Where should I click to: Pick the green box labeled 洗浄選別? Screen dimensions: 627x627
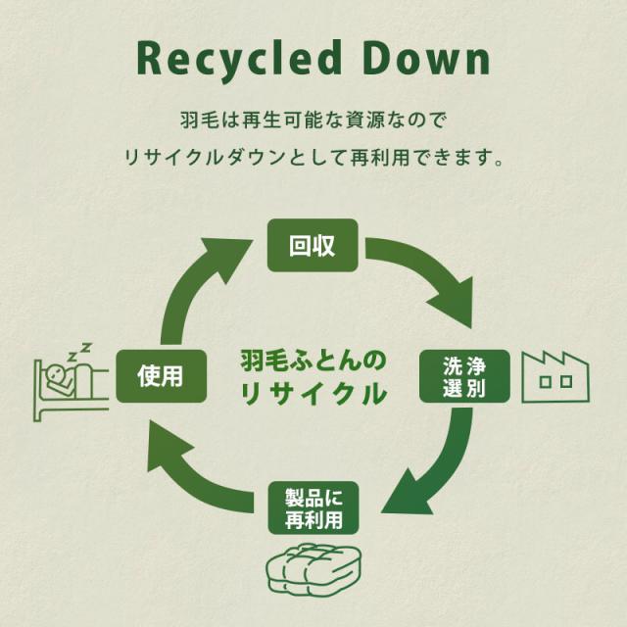463,375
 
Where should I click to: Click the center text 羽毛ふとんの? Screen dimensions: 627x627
313,359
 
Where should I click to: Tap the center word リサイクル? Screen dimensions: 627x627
313,395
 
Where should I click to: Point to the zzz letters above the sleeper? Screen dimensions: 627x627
82,349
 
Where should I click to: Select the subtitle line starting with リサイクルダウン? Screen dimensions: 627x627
313,157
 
